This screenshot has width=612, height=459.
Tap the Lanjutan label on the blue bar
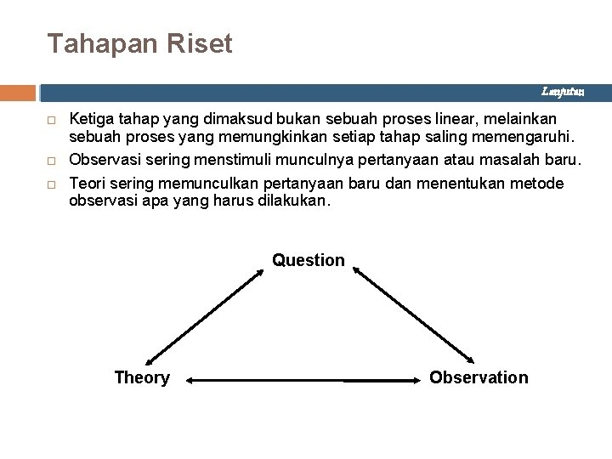click(x=564, y=91)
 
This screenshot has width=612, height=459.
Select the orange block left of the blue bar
click(x=18, y=92)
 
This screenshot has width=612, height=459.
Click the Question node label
click(x=309, y=260)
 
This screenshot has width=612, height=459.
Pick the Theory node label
click(x=142, y=377)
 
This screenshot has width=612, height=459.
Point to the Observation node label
click(x=479, y=377)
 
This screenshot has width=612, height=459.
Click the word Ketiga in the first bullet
click(x=90, y=118)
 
